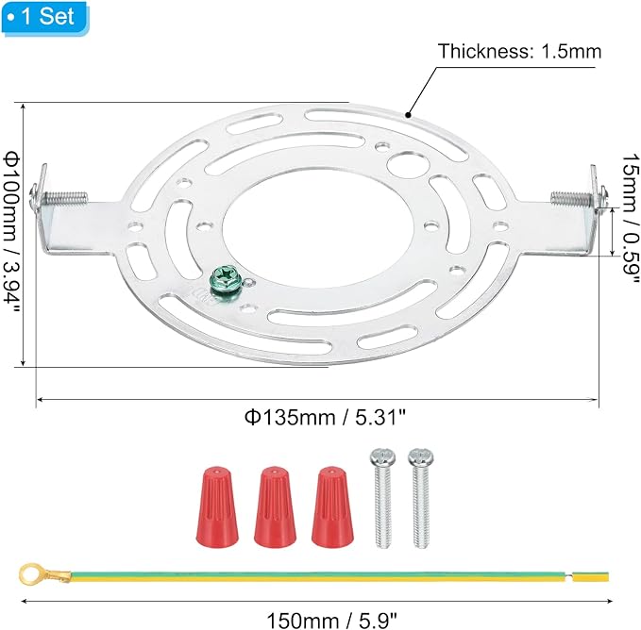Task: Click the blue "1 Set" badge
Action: coord(44,17)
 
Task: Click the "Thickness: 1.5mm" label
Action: coord(519,52)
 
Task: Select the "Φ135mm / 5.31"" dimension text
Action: coord(325,417)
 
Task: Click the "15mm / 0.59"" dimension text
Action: coord(631,219)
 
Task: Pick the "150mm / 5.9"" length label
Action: coord(331,621)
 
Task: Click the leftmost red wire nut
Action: coord(217,506)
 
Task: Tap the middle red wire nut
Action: coord(275,506)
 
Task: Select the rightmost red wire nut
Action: coord(332,506)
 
